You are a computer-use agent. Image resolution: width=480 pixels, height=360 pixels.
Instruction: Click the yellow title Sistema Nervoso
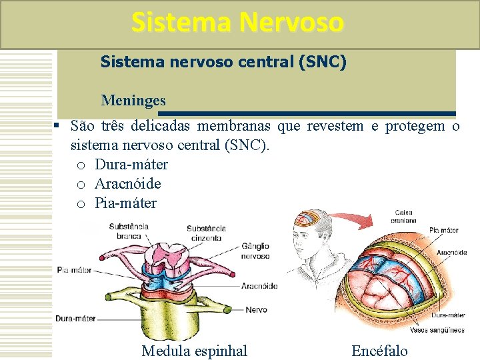[x=238, y=23]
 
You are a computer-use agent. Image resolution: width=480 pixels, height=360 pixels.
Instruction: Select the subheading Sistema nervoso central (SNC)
[x=223, y=62]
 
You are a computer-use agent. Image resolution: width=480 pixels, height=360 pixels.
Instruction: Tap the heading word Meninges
[x=133, y=101]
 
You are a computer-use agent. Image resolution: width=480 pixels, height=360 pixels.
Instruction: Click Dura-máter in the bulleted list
[x=131, y=165]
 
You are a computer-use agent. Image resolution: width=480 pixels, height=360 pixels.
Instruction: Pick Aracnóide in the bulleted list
[x=128, y=184]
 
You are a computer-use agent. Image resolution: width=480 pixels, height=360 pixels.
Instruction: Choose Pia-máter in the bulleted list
[x=126, y=203]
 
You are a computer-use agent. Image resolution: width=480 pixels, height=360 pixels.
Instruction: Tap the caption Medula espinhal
[x=195, y=351]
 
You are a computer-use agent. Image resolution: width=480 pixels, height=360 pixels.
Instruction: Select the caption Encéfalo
[x=379, y=351]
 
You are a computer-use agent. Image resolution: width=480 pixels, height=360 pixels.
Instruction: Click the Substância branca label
[x=129, y=231]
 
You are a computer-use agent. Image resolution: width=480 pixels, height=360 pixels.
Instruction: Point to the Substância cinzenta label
[x=206, y=232]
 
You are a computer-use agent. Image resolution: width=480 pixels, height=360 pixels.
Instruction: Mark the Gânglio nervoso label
[x=255, y=251]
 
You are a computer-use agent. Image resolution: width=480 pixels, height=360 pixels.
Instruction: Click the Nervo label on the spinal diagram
[x=256, y=309]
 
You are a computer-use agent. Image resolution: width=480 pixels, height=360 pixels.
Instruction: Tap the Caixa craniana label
[x=404, y=216]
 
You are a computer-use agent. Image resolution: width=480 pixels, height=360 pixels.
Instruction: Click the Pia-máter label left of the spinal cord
[x=74, y=270]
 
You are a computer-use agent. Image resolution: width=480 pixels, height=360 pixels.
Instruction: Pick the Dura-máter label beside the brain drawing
[x=448, y=315]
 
